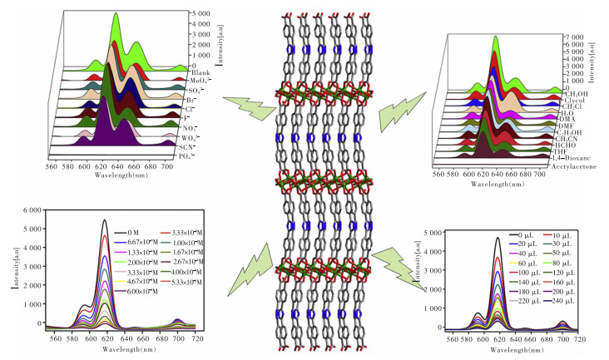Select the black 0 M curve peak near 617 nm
point(105,221)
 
